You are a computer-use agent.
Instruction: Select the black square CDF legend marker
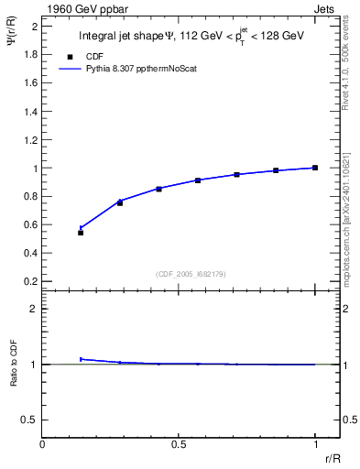click(71, 56)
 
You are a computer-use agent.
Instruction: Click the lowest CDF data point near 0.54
click(81, 233)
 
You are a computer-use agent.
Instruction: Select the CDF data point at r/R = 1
click(315, 168)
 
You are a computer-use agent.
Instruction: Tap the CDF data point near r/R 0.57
click(198, 180)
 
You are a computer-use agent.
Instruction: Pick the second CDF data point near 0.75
click(120, 202)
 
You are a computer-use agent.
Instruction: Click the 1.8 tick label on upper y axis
click(29, 55)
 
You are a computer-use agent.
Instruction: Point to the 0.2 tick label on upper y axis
click(29, 280)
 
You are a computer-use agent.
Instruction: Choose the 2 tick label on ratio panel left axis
click(34, 309)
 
